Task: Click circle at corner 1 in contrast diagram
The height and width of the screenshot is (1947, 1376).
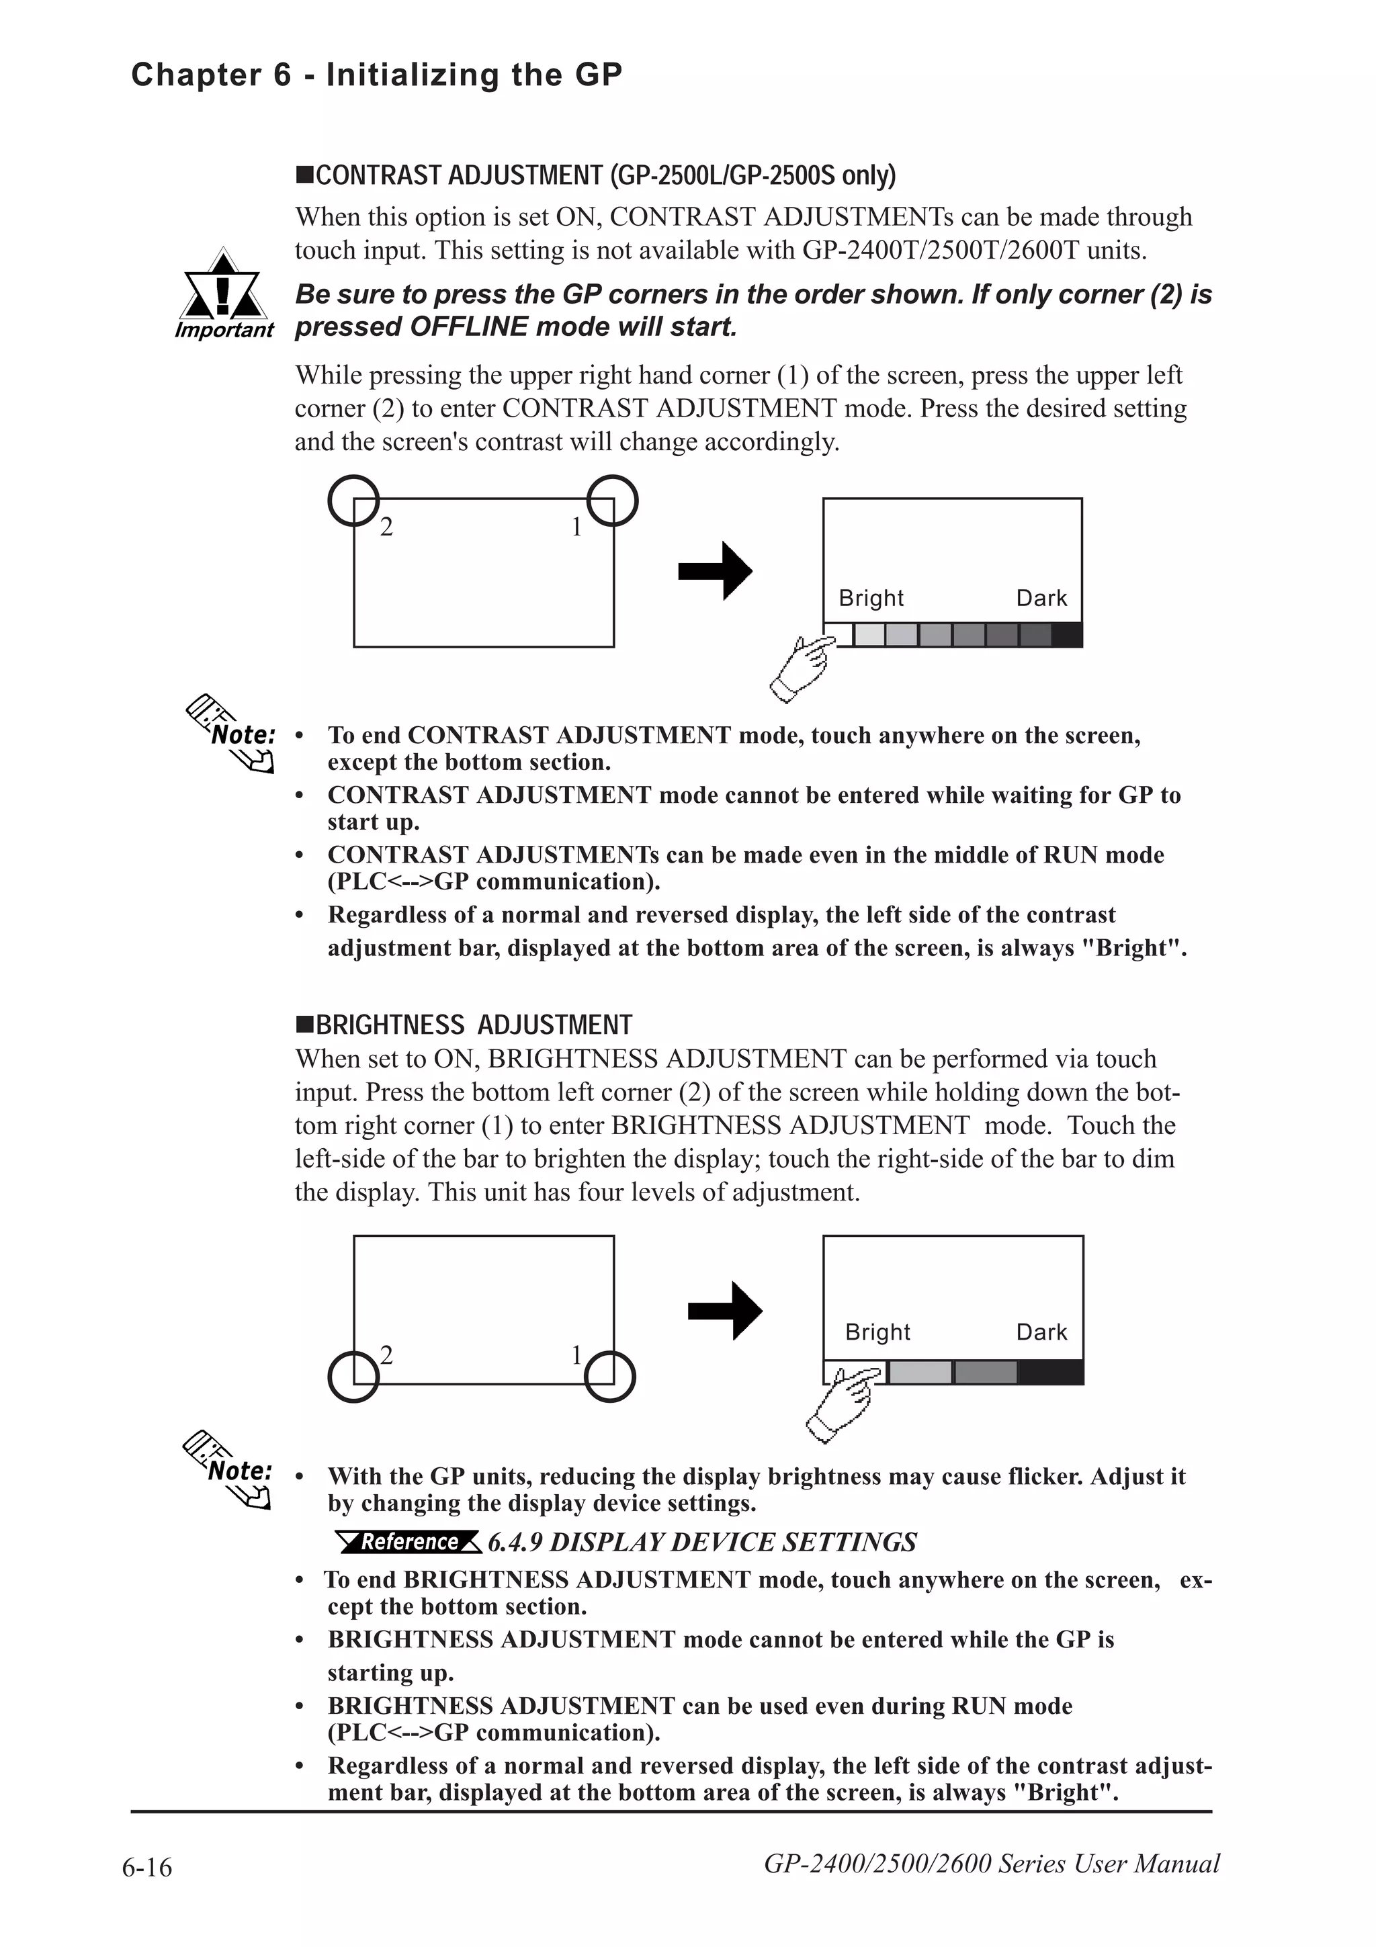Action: coord(612,501)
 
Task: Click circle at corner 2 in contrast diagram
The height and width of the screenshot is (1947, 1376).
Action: coord(353,501)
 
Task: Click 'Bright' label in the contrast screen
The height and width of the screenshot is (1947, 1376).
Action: coord(871,599)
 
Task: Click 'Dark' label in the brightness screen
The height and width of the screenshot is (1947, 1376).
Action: coord(1041,1332)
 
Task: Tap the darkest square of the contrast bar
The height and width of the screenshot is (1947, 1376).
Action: coord(1066,635)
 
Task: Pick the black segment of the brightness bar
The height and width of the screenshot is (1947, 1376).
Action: coord(1049,1371)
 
